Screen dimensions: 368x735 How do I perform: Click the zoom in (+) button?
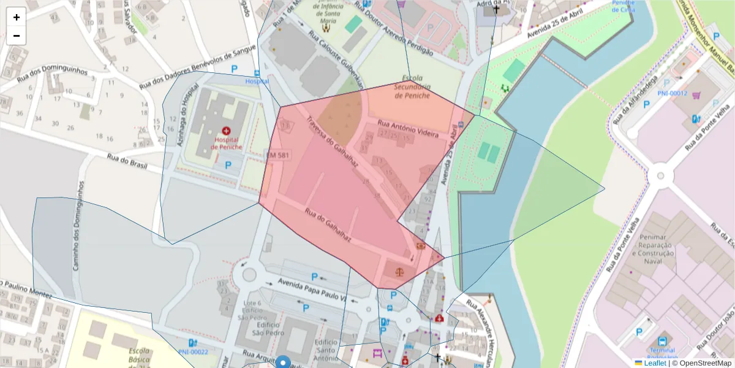[17, 17]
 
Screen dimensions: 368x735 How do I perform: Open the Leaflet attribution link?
[655, 363]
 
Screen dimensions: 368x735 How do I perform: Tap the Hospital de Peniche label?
[226, 144]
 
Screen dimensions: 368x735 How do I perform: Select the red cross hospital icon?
[227, 131]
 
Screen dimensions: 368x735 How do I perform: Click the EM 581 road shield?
[277, 156]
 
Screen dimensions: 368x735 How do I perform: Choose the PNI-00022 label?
[193, 352]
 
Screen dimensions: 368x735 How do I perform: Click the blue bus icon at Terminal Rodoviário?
[662, 341]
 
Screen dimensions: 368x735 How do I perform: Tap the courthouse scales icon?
[399, 270]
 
